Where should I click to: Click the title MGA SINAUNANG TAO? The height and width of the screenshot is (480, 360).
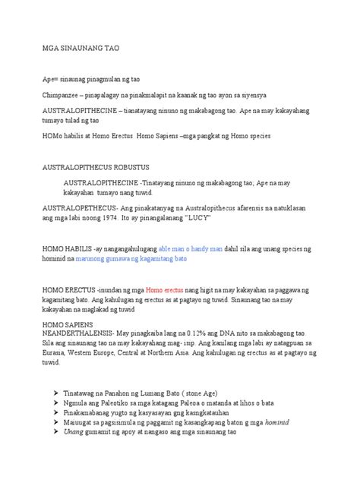click(81, 47)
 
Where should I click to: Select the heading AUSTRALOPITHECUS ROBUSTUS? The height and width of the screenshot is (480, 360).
click(95, 166)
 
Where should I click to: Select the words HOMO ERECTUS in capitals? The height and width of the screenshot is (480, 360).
click(68, 290)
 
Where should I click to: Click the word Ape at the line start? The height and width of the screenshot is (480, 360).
click(48, 80)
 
